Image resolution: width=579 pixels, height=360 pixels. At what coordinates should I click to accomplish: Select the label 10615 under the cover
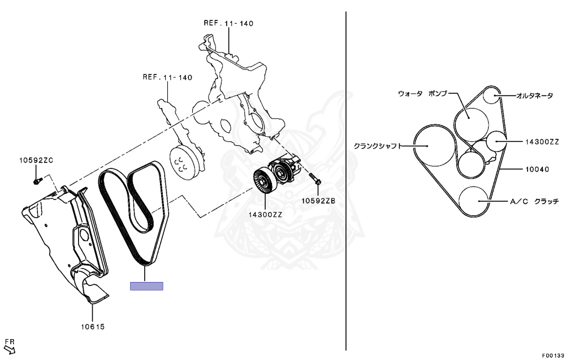[93, 327]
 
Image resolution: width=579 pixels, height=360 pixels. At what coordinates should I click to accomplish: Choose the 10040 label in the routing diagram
[537, 169]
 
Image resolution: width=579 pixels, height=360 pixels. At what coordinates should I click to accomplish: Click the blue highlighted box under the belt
[146, 286]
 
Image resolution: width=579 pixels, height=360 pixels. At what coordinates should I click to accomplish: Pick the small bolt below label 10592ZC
[37, 181]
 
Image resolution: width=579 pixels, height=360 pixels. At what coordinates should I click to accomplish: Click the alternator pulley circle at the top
[494, 95]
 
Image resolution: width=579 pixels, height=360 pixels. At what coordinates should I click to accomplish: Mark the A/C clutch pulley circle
[474, 201]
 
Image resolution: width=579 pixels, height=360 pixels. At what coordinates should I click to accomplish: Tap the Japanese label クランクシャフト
[377, 145]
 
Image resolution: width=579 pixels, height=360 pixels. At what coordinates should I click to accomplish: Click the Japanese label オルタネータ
[534, 96]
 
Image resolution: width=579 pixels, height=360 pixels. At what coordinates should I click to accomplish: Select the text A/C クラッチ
[534, 201]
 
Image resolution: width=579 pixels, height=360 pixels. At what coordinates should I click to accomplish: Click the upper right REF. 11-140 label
[228, 23]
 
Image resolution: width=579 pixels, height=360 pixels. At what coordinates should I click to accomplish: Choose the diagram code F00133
[552, 355]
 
